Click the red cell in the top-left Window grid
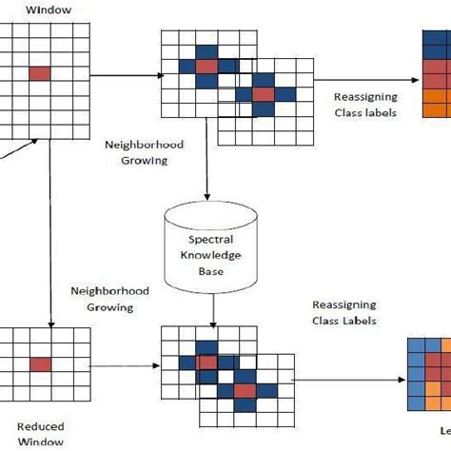coord(40,72)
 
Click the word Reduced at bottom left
coord(41,426)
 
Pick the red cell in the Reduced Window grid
coord(40,363)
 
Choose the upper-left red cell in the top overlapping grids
coord(206,67)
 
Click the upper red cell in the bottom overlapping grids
coord(205,363)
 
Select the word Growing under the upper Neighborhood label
coord(143,162)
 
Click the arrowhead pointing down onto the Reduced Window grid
coord(48,320)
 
